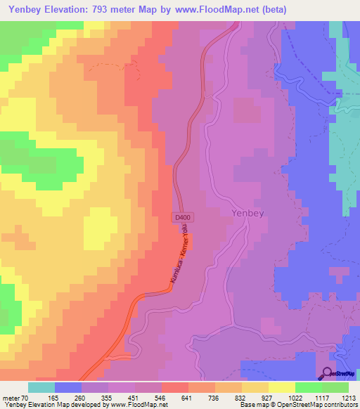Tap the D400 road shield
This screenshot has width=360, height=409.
point(182,219)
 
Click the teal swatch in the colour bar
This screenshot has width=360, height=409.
point(41,387)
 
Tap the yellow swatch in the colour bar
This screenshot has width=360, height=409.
point(281,387)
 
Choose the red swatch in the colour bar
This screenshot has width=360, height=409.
point(175,387)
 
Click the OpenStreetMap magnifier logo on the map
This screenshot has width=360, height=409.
point(328,375)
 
